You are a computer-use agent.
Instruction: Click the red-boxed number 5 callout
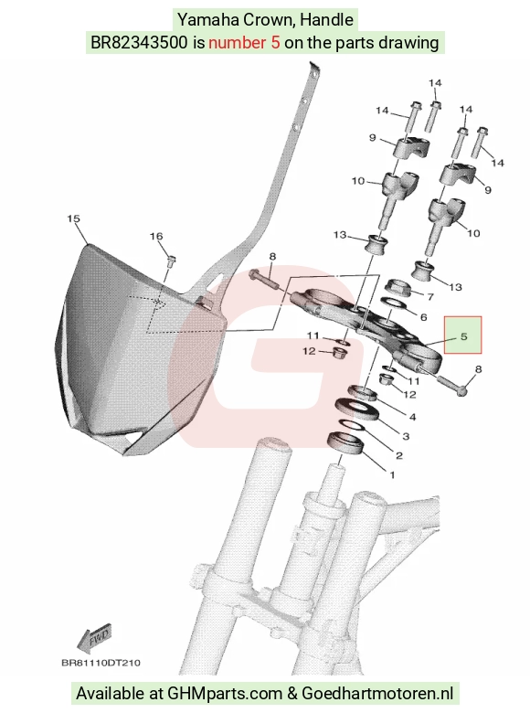click(463, 336)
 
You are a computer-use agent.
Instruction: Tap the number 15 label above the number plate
click(73, 218)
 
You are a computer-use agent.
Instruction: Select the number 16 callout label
click(156, 236)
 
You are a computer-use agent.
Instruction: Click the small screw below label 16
click(172, 261)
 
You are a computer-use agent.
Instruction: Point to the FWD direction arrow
click(94, 637)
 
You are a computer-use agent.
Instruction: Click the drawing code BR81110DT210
click(101, 663)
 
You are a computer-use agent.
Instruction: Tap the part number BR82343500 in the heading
click(139, 42)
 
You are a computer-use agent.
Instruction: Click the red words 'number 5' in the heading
click(244, 42)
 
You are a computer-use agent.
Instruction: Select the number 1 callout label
click(392, 475)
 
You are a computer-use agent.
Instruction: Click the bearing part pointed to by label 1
click(346, 442)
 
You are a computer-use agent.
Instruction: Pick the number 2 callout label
click(399, 455)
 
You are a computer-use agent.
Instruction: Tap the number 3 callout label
click(406, 436)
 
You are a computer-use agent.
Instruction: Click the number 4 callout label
click(412, 417)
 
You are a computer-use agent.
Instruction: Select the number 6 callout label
click(423, 317)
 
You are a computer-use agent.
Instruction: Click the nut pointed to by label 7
click(397, 288)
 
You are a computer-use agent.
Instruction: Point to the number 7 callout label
click(430, 297)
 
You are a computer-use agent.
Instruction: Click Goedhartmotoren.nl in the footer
click(377, 694)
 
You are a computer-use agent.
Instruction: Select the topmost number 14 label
click(435, 83)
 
